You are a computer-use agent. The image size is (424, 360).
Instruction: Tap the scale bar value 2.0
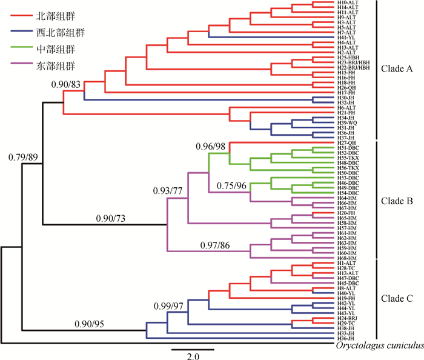(192, 357)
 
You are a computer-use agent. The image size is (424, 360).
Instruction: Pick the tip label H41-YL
(345, 37)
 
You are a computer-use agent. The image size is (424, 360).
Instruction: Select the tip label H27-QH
(346, 142)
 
